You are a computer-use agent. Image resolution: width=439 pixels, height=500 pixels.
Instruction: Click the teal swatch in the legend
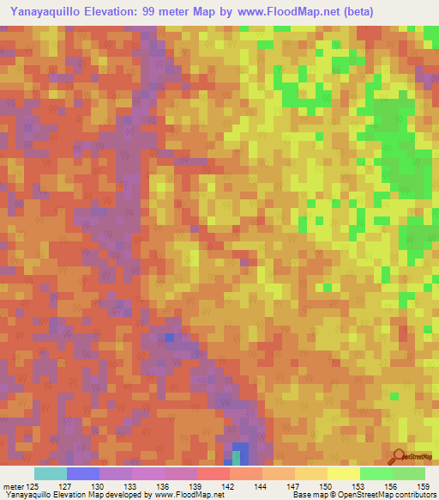pyautogui.click(x=51, y=473)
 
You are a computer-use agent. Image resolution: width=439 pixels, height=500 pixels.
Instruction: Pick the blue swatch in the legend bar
pyautogui.click(x=83, y=473)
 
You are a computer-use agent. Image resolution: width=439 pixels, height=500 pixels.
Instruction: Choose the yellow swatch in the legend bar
pyautogui.click(x=343, y=473)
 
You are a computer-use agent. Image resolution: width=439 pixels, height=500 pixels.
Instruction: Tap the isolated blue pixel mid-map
pyautogui.click(x=170, y=338)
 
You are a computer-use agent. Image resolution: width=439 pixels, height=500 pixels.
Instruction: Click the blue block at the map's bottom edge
pyautogui.click(x=240, y=454)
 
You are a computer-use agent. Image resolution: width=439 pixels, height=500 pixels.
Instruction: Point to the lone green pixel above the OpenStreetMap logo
pyautogui.click(x=394, y=396)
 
